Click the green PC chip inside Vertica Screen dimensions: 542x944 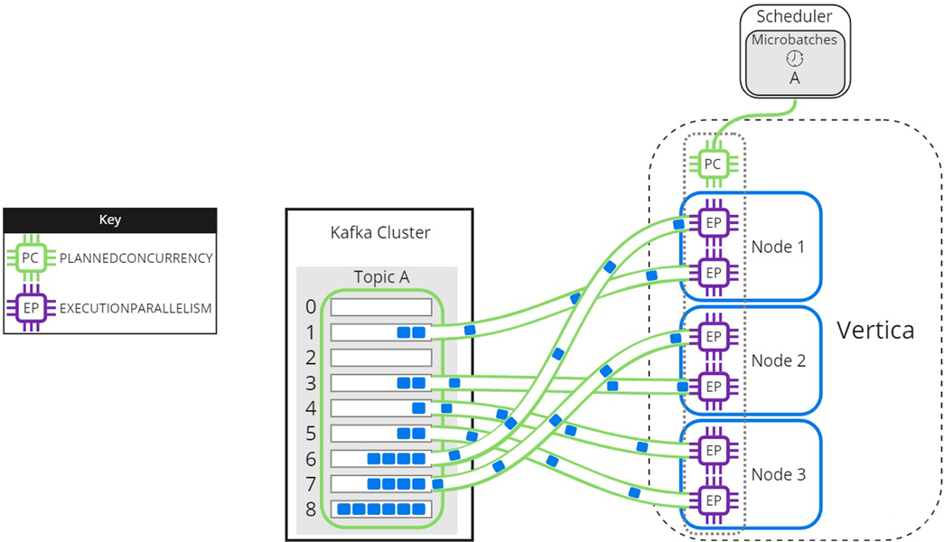713,164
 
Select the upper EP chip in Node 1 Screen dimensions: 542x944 713,222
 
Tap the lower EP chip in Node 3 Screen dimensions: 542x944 713,499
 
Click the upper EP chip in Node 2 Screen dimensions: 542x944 713,336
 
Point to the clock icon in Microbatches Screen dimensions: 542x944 794,58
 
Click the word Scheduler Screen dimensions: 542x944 794,16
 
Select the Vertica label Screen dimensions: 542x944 874,331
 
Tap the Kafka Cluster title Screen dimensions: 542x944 380,232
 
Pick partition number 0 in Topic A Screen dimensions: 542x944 311,307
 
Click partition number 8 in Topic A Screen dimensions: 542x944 311,509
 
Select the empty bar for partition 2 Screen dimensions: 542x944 380,358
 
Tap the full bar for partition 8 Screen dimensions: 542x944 380,509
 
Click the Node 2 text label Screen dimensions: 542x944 778,360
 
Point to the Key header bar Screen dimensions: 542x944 109,220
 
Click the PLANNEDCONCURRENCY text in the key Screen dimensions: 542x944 136,258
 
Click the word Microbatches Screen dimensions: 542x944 794,40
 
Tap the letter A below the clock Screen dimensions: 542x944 794,79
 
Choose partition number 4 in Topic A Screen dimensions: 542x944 311,408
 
